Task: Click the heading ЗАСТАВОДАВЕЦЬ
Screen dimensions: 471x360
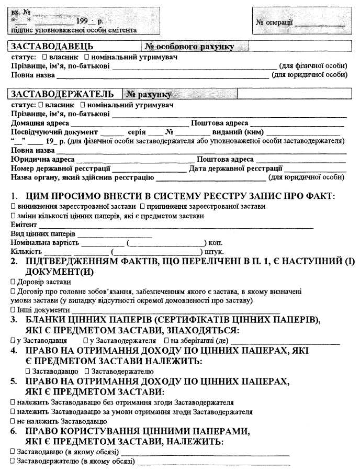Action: [52, 46]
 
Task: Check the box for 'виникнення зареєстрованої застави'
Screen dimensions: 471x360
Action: [13, 207]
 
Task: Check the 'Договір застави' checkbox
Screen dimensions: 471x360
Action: [13, 282]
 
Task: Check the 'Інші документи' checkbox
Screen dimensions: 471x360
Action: [13, 310]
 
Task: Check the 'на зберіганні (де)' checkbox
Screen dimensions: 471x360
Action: [166, 341]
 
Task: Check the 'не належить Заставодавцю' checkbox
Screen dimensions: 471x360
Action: [13, 421]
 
